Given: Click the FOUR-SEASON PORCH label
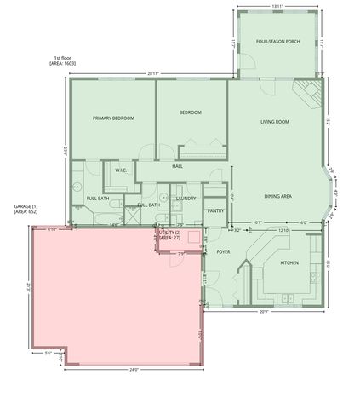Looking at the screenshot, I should coord(277,42).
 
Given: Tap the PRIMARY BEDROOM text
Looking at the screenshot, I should coord(113,118).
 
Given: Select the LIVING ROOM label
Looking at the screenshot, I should coord(275,122).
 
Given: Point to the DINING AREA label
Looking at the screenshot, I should coord(277,197).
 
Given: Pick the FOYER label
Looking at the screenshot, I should coord(223,252).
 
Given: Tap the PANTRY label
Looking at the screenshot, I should coord(215,210).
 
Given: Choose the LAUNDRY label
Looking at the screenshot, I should coord(186,199).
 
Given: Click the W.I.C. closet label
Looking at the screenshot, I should coord(121,170).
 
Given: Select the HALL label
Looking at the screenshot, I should coord(178,166).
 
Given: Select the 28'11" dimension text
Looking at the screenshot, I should coord(153,73).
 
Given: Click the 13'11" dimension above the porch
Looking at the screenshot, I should coord(277,7).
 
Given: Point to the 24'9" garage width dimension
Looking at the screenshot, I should coord(134,369).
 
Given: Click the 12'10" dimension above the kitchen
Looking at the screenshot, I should coord(283,229).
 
